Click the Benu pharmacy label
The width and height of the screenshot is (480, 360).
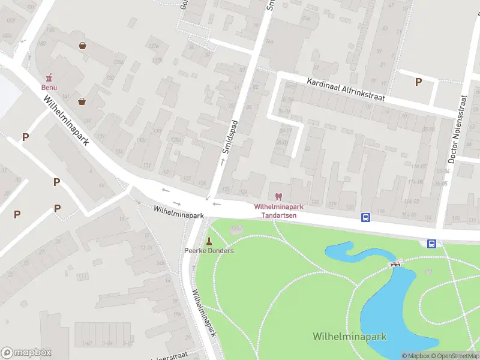pyautogui.click(x=49, y=87)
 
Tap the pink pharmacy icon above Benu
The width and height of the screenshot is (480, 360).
pyautogui.click(x=49, y=77)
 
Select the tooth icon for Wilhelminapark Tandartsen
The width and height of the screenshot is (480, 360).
pyautogui.click(x=278, y=196)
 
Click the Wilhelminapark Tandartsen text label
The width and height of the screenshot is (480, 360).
pyautogui.click(x=278, y=211)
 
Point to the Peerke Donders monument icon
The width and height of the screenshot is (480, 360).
pyautogui.click(x=209, y=241)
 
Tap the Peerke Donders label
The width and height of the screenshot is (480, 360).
pyautogui.click(x=209, y=251)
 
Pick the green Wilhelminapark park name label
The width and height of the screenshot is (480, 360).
pyautogui.click(x=349, y=337)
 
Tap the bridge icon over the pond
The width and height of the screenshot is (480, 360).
pyautogui.click(x=395, y=264)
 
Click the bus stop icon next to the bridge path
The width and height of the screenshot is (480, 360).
pyautogui.click(x=431, y=243)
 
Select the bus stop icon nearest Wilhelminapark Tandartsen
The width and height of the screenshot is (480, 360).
pyautogui.click(x=365, y=217)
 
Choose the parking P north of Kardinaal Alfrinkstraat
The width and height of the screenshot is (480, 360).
pyautogui.click(x=418, y=82)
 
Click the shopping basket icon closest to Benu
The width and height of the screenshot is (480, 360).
pyautogui.click(x=81, y=101)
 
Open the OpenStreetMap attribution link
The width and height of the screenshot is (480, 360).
pyautogui.click(x=454, y=356)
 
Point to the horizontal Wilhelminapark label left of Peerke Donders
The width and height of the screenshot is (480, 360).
pyautogui.click(x=179, y=211)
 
